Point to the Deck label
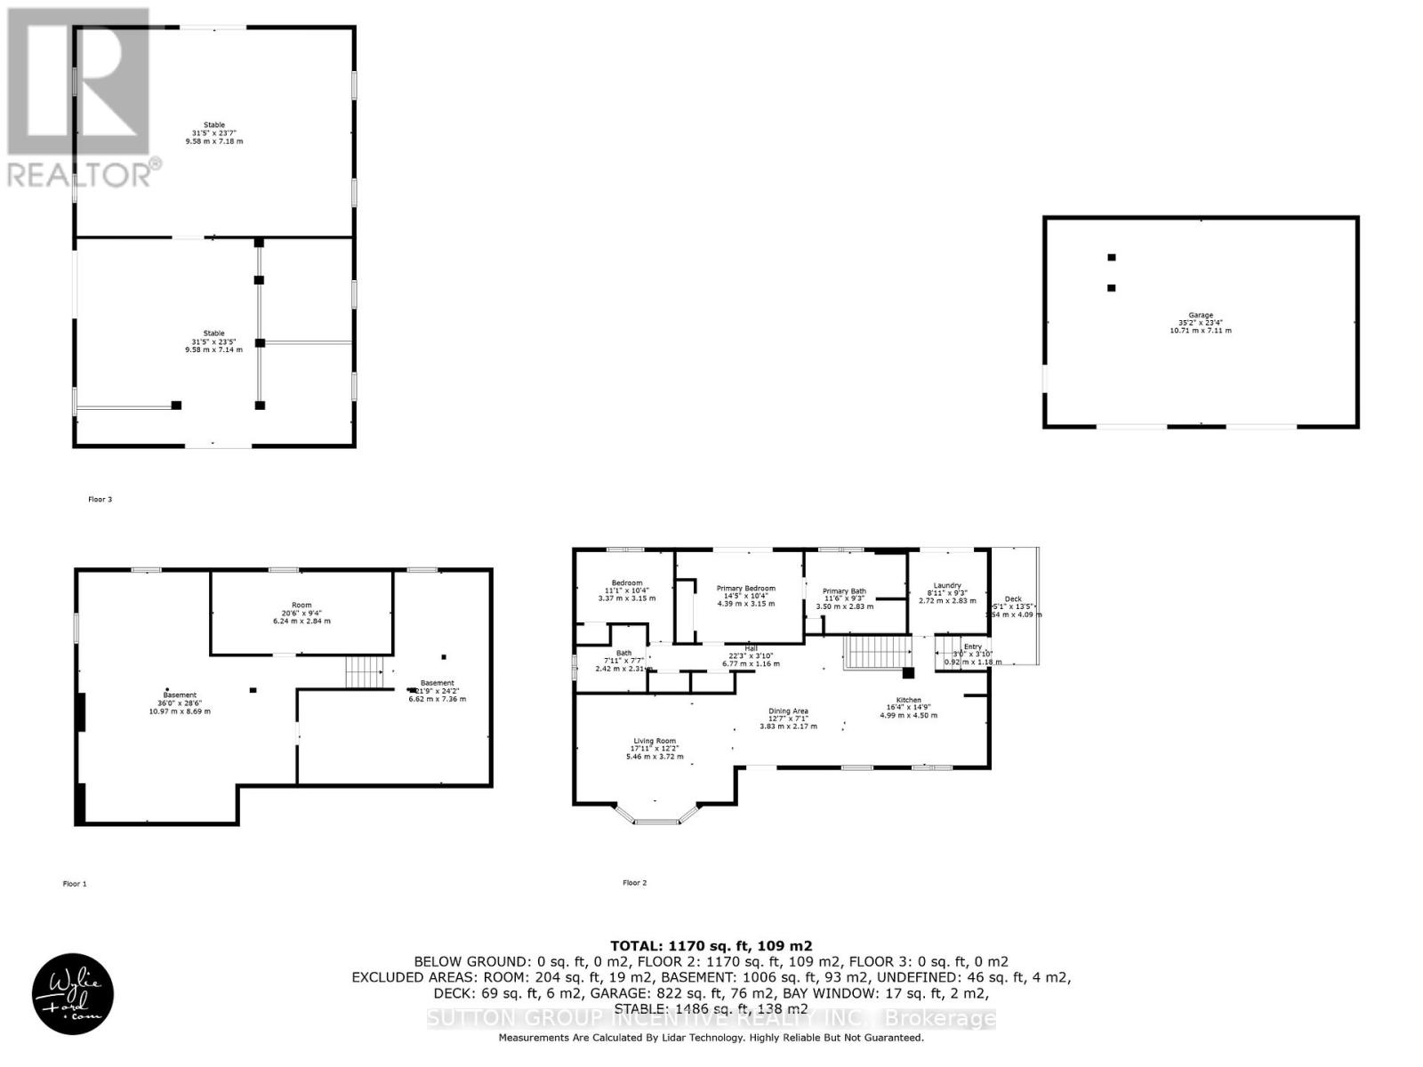pyautogui.click(x=1013, y=599)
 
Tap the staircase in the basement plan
pyautogui.click(x=363, y=671)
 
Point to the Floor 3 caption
pyautogui.click(x=100, y=500)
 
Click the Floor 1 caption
pyautogui.click(x=75, y=884)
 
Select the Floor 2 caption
pyautogui.click(x=634, y=883)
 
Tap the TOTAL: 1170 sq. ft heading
pyautogui.click(x=711, y=946)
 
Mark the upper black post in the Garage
pyautogui.click(x=1111, y=258)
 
